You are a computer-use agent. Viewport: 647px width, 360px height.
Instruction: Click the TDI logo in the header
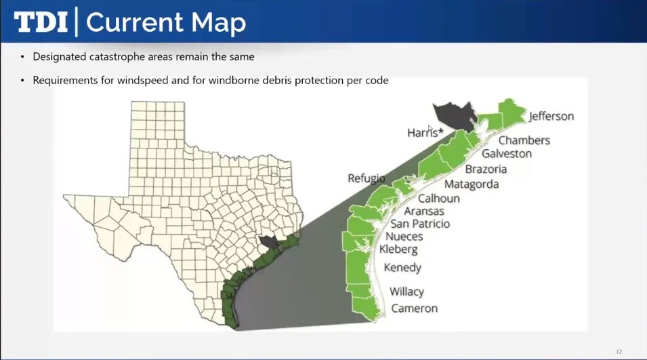click(x=41, y=22)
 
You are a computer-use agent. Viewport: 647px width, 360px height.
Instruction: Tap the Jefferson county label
click(x=551, y=116)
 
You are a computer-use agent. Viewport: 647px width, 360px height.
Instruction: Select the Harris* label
click(x=425, y=133)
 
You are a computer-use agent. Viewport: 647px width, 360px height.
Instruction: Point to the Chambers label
click(x=524, y=140)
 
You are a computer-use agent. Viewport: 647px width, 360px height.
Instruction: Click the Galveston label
click(x=506, y=154)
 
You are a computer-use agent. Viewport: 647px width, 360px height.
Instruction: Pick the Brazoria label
click(x=486, y=169)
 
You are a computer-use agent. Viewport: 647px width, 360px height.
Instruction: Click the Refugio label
click(x=366, y=178)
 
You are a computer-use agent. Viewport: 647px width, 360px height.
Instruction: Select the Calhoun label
click(x=438, y=199)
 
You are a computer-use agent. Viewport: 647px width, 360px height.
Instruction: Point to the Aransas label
click(x=424, y=212)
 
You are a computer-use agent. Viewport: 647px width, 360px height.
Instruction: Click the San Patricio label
click(x=420, y=224)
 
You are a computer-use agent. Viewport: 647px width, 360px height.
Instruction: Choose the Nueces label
click(x=404, y=237)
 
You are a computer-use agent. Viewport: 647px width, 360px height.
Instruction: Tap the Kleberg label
click(x=398, y=249)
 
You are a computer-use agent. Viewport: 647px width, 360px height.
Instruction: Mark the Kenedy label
click(x=402, y=268)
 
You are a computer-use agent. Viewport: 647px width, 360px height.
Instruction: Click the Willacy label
click(x=406, y=292)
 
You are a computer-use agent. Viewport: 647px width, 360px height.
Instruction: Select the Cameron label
click(x=414, y=308)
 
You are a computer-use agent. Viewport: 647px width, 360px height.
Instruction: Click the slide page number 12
click(x=619, y=352)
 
